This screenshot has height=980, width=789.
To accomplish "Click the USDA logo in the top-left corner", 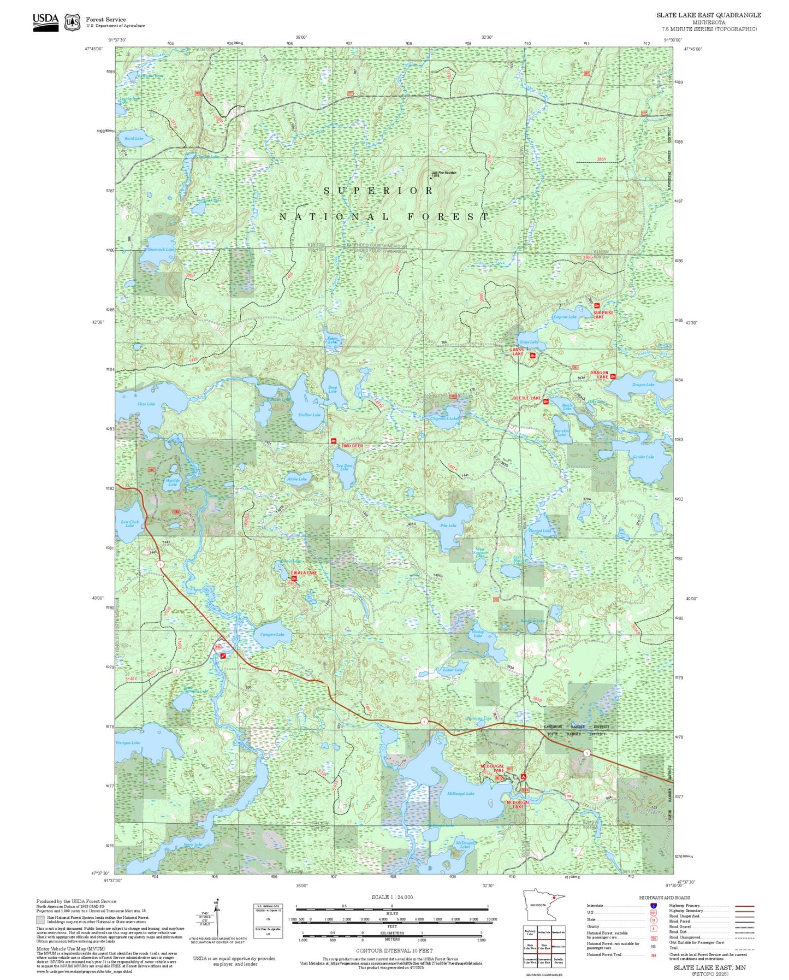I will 45,22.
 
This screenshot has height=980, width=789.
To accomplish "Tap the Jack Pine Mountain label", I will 443,173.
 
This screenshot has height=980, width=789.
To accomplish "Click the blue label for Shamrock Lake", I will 161,249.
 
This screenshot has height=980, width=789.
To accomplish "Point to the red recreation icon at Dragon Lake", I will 613,376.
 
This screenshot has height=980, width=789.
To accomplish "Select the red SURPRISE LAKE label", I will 603,315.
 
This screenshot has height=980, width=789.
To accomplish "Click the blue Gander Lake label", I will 643,457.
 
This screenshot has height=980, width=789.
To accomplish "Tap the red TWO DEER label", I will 352,446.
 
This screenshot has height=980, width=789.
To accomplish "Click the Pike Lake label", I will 448,526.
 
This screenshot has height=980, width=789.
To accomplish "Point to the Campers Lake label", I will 272,634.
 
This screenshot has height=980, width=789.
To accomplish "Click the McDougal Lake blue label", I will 460,793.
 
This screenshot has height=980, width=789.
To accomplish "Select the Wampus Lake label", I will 128,742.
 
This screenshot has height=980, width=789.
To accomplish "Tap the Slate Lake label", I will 146,404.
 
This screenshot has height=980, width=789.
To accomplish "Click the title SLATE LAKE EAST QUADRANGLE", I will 708,15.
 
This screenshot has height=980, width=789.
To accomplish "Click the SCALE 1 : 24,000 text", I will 391,897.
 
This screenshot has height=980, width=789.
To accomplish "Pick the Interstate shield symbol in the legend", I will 653,906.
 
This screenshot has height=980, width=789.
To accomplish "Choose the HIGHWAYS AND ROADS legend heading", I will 664,898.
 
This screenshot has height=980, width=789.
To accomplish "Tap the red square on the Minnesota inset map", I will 554,897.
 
